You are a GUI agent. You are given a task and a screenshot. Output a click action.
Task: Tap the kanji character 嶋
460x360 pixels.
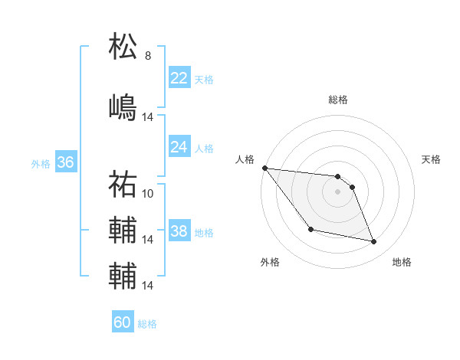(x=123, y=106)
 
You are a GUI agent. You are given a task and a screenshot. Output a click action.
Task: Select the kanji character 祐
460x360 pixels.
(x=123, y=184)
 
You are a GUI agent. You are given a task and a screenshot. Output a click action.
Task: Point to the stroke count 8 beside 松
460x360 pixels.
(x=148, y=56)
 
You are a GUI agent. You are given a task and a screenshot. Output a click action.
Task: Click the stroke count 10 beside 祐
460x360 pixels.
(x=148, y=194)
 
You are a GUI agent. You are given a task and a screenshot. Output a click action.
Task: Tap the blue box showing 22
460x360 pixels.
(x=179, y=77)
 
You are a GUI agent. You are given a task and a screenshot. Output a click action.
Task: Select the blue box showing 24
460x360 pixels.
(x=179, y=146)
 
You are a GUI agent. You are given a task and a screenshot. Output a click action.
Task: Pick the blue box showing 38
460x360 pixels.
(x=179, y=231)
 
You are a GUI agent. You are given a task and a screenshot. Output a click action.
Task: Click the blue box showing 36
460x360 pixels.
(x=65, y=162)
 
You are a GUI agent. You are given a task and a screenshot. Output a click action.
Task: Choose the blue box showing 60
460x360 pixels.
(x=123, y=322)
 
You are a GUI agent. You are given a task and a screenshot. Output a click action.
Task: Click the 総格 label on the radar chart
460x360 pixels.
(x=338, y=100)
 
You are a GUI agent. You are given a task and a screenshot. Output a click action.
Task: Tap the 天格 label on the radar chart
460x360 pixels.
(x=432, y=159)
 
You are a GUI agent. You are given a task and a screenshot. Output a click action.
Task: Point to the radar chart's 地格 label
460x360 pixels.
(x=402, y=263)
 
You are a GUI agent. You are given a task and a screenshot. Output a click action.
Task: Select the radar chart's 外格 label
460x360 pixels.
(x=270, y=263)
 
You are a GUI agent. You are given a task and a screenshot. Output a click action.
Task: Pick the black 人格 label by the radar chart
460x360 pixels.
(x=245, y=159)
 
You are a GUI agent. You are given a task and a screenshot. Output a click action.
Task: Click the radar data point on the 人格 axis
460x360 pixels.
(x=264, y=168)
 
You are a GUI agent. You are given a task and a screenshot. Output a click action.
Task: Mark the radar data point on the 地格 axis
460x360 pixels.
(x=374, y=242)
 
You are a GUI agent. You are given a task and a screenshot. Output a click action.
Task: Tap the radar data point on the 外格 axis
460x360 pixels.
(x=310, y=229)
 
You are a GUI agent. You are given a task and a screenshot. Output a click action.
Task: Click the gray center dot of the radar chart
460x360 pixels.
(x=338, y=191)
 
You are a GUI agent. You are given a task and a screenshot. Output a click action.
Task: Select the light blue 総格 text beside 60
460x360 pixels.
(x=147, y=324)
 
